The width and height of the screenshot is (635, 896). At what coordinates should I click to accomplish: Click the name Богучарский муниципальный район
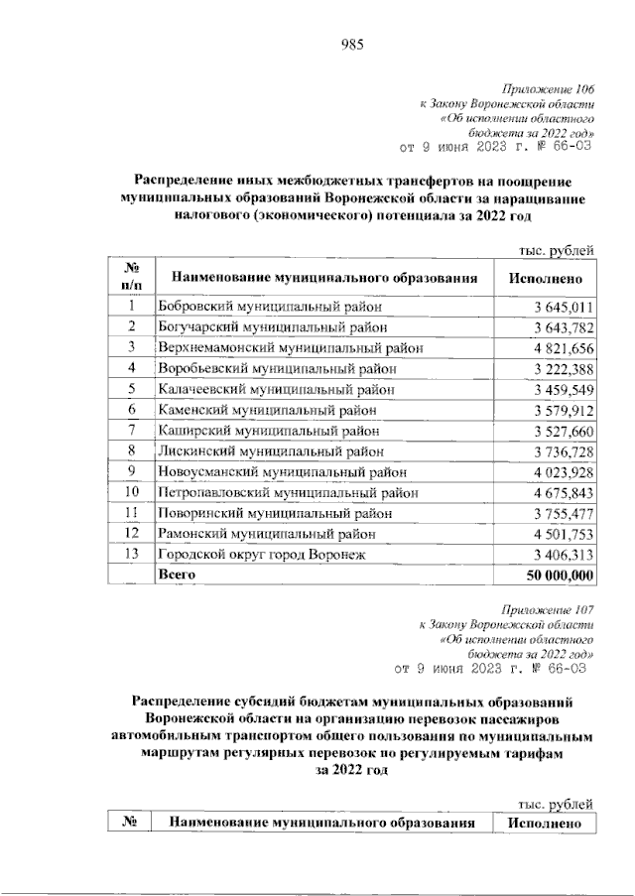point(273,326)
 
